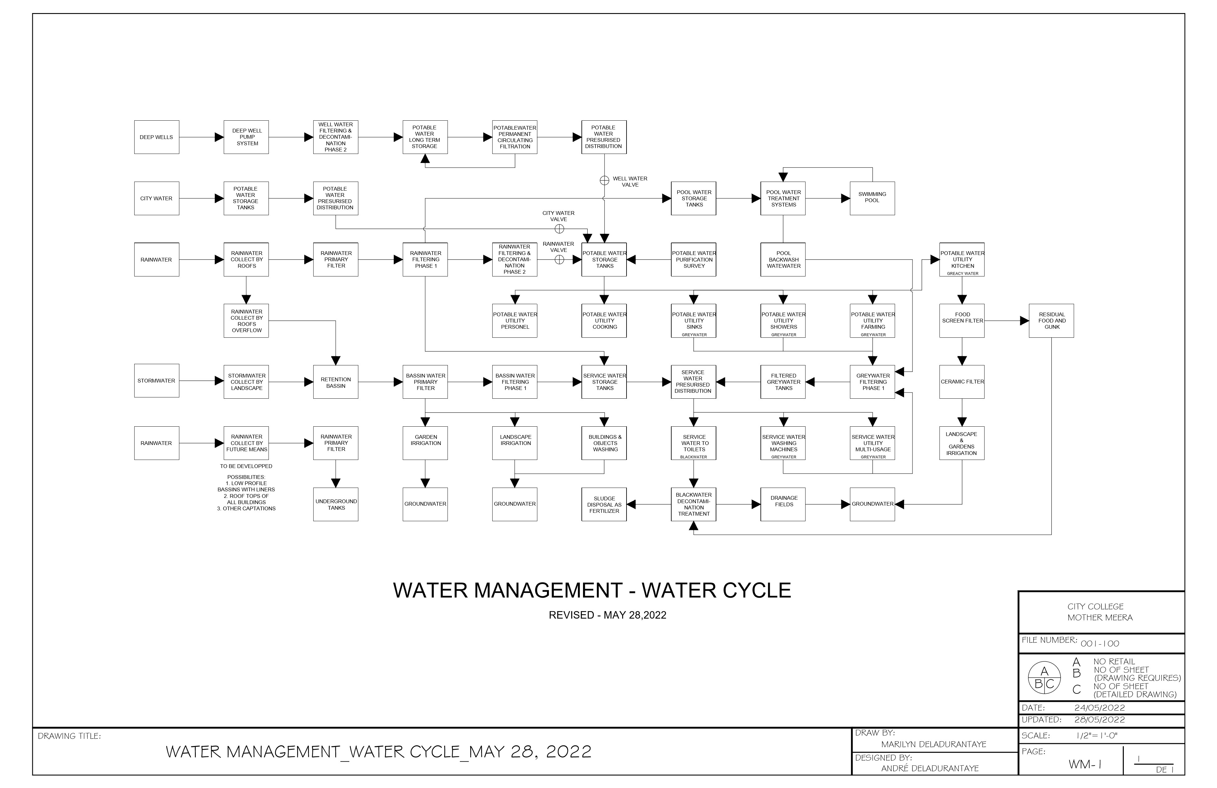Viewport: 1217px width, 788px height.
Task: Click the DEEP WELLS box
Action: coord(156,137)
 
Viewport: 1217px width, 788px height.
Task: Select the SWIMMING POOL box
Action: coord(872,198)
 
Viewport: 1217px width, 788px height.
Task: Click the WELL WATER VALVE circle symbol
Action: coord(604,180)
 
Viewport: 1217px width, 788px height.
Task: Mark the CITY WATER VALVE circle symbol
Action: coord(559,229)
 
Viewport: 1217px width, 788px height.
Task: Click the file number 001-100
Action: coord(1100,644)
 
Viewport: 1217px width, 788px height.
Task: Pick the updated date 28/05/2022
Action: coord(1100,720)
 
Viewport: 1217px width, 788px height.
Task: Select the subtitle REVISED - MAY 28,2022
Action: coord(608,615)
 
